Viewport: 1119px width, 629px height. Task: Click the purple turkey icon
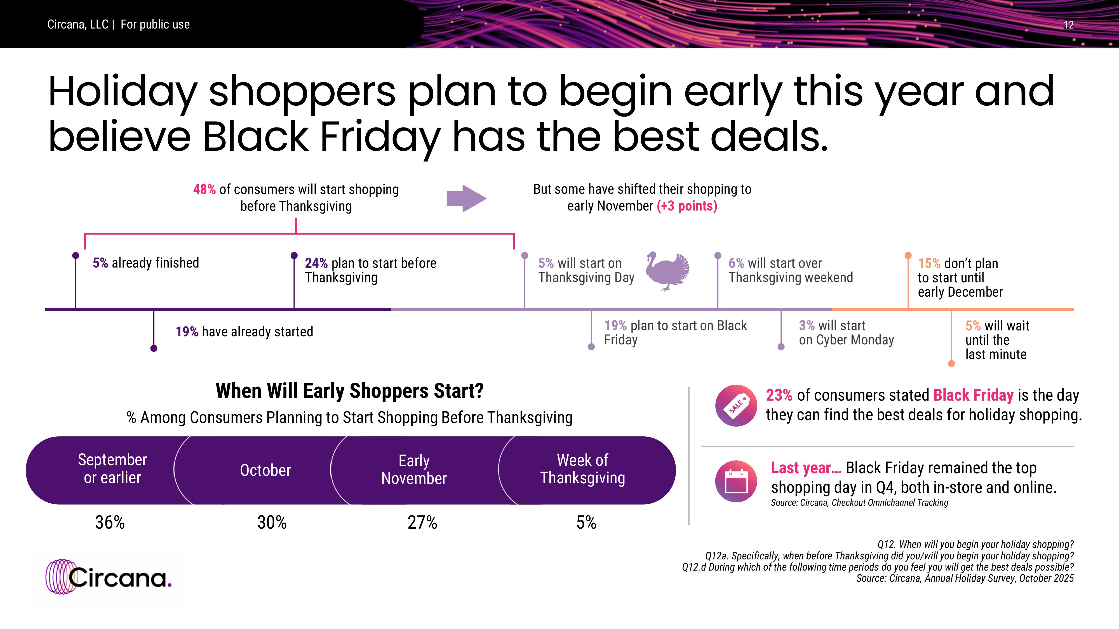pos(667,271)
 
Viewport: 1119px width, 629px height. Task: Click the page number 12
pos(1069,25)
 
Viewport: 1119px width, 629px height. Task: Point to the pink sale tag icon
pos(736,405)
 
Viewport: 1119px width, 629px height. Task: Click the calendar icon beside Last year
pos(736,481)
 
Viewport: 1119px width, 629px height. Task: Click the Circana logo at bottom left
pos(109,576)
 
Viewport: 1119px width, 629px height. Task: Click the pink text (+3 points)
pos(687,206)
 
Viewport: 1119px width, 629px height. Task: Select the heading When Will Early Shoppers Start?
pos(350,391)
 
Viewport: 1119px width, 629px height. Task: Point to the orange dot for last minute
pos(951,363)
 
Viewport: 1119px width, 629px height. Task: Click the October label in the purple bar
pos(265,470)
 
